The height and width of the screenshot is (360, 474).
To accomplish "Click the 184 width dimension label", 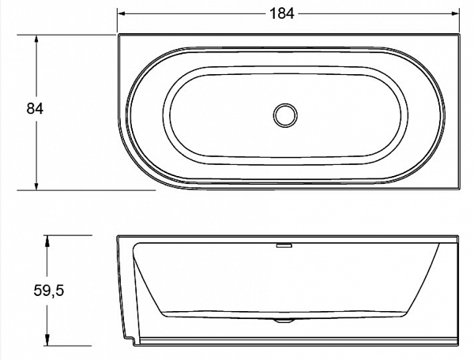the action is click(x=281, y=13).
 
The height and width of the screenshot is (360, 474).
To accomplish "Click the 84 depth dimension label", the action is click(x=35, y=109).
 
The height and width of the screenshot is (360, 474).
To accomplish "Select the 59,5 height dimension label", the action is click(x=49, y=291).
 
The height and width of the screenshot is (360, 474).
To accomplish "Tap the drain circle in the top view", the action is click(x=285, y=115).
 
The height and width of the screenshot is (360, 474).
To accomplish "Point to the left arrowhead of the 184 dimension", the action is click(x=121, y=13).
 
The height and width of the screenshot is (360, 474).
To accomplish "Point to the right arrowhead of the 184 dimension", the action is click(x=456, y=13).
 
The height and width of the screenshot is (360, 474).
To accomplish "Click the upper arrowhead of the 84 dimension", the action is click(x=36, y=39).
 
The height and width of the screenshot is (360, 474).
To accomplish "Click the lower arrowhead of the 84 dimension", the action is click(x=36, y=186).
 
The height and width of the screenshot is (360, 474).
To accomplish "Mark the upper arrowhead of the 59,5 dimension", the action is click(x=47, y=239).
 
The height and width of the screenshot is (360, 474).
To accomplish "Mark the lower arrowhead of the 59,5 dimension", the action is click(x=47, y=341).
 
